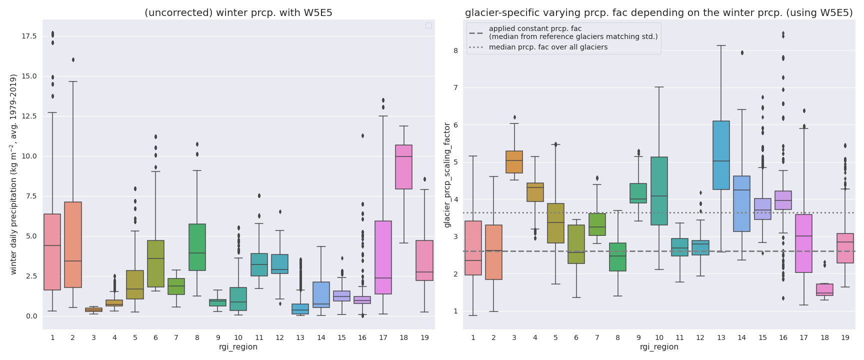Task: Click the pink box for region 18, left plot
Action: (x=403, y=167)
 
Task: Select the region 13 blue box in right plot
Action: (x=721, y=155)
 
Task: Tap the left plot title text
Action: (x=238, y=13)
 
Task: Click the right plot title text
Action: (x=658, y=13)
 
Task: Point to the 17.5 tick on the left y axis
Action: (x=29, y=36)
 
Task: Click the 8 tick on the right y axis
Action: (x=455, y=50)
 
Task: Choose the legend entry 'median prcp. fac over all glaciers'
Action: (x=548, y=47)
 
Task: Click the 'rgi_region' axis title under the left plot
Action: (x=238, y=347)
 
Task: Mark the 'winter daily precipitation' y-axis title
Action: (x=13, y=174)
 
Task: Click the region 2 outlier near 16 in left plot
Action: (x=73, y=59)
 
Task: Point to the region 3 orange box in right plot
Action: (x=514, y=162)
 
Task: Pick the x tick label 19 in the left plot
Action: (x=424, y=338)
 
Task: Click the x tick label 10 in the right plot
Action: (x=659, y=338)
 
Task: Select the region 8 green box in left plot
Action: (x=197, y=247)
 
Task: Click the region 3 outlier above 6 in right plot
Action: (x=514, y=117)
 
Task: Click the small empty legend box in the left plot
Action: (x=428, y=25)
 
